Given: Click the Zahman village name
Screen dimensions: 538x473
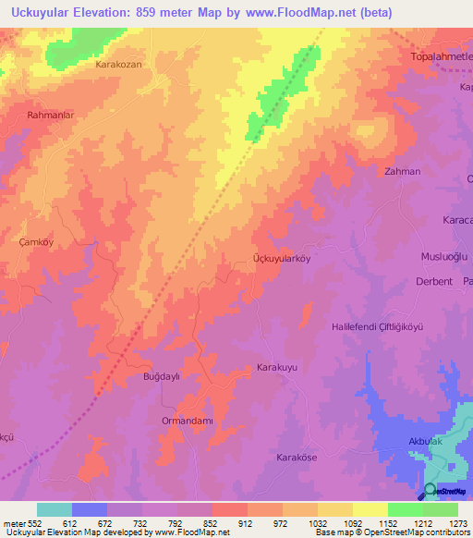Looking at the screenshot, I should pos(402,172).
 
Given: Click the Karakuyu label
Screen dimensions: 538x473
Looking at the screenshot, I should pos(276,367).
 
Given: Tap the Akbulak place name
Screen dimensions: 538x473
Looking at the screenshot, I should pos(427,442).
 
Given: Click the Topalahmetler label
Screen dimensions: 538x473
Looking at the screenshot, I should pos(440,57).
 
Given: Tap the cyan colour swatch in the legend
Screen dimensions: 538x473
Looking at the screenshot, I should pos(55,509).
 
